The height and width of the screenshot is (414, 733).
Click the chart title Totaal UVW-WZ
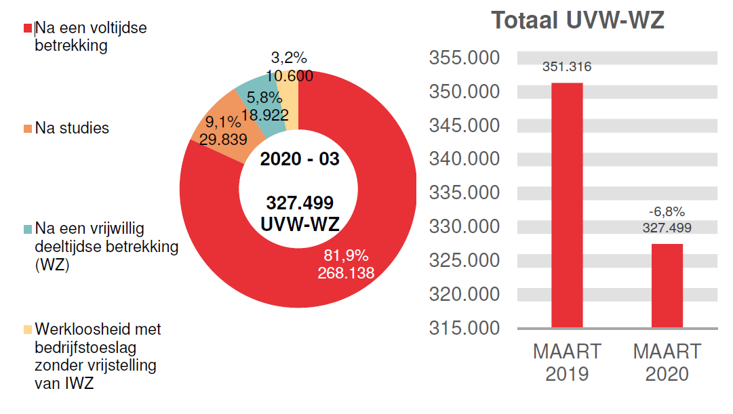[578, 20]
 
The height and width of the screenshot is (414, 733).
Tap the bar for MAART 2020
[667, 285]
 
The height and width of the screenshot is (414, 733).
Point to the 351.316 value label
[566, 67]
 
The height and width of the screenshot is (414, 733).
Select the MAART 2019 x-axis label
[567, 363]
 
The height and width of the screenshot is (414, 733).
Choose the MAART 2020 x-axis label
[667, 363]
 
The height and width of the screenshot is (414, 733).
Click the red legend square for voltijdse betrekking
[28, 28]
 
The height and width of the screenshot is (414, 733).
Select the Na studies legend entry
[71, 128]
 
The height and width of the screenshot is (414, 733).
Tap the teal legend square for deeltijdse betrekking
[28, 229]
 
